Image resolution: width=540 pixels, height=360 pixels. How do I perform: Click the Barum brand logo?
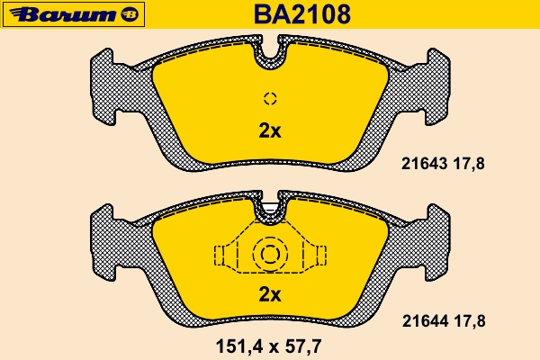pyautogui.click(x=74, y=14)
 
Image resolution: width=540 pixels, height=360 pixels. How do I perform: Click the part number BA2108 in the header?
pyautogui.click(x=302, y=14)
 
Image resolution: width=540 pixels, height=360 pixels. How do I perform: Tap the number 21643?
pyautogui.click(x=424, y=164)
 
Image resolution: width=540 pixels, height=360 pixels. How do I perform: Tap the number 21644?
pyautogui.click(x=426, y=321)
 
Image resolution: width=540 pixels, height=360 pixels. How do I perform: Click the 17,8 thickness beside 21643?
pyautogui.click(x=469, y=164)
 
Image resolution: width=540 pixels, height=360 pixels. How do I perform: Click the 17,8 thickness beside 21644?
pyautogui.click(x=470, y=321)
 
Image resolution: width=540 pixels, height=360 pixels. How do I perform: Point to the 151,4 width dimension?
pyautogui.click(x=238, y=346)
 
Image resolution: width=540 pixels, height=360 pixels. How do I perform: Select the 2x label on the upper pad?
pyautogui.click(x=270, y=130)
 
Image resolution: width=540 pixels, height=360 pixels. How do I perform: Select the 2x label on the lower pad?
pyautogui.click(x=270, y=294)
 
